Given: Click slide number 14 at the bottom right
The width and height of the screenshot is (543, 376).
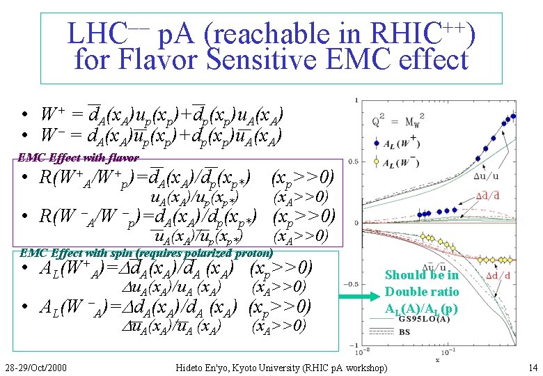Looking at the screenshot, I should coord(533,366).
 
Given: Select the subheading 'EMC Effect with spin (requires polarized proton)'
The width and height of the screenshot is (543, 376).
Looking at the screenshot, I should coord(146,253).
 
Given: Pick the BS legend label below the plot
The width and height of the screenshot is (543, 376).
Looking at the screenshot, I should coord(404,333).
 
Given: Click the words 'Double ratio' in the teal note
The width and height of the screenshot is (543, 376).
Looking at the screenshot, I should coord(421,291).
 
